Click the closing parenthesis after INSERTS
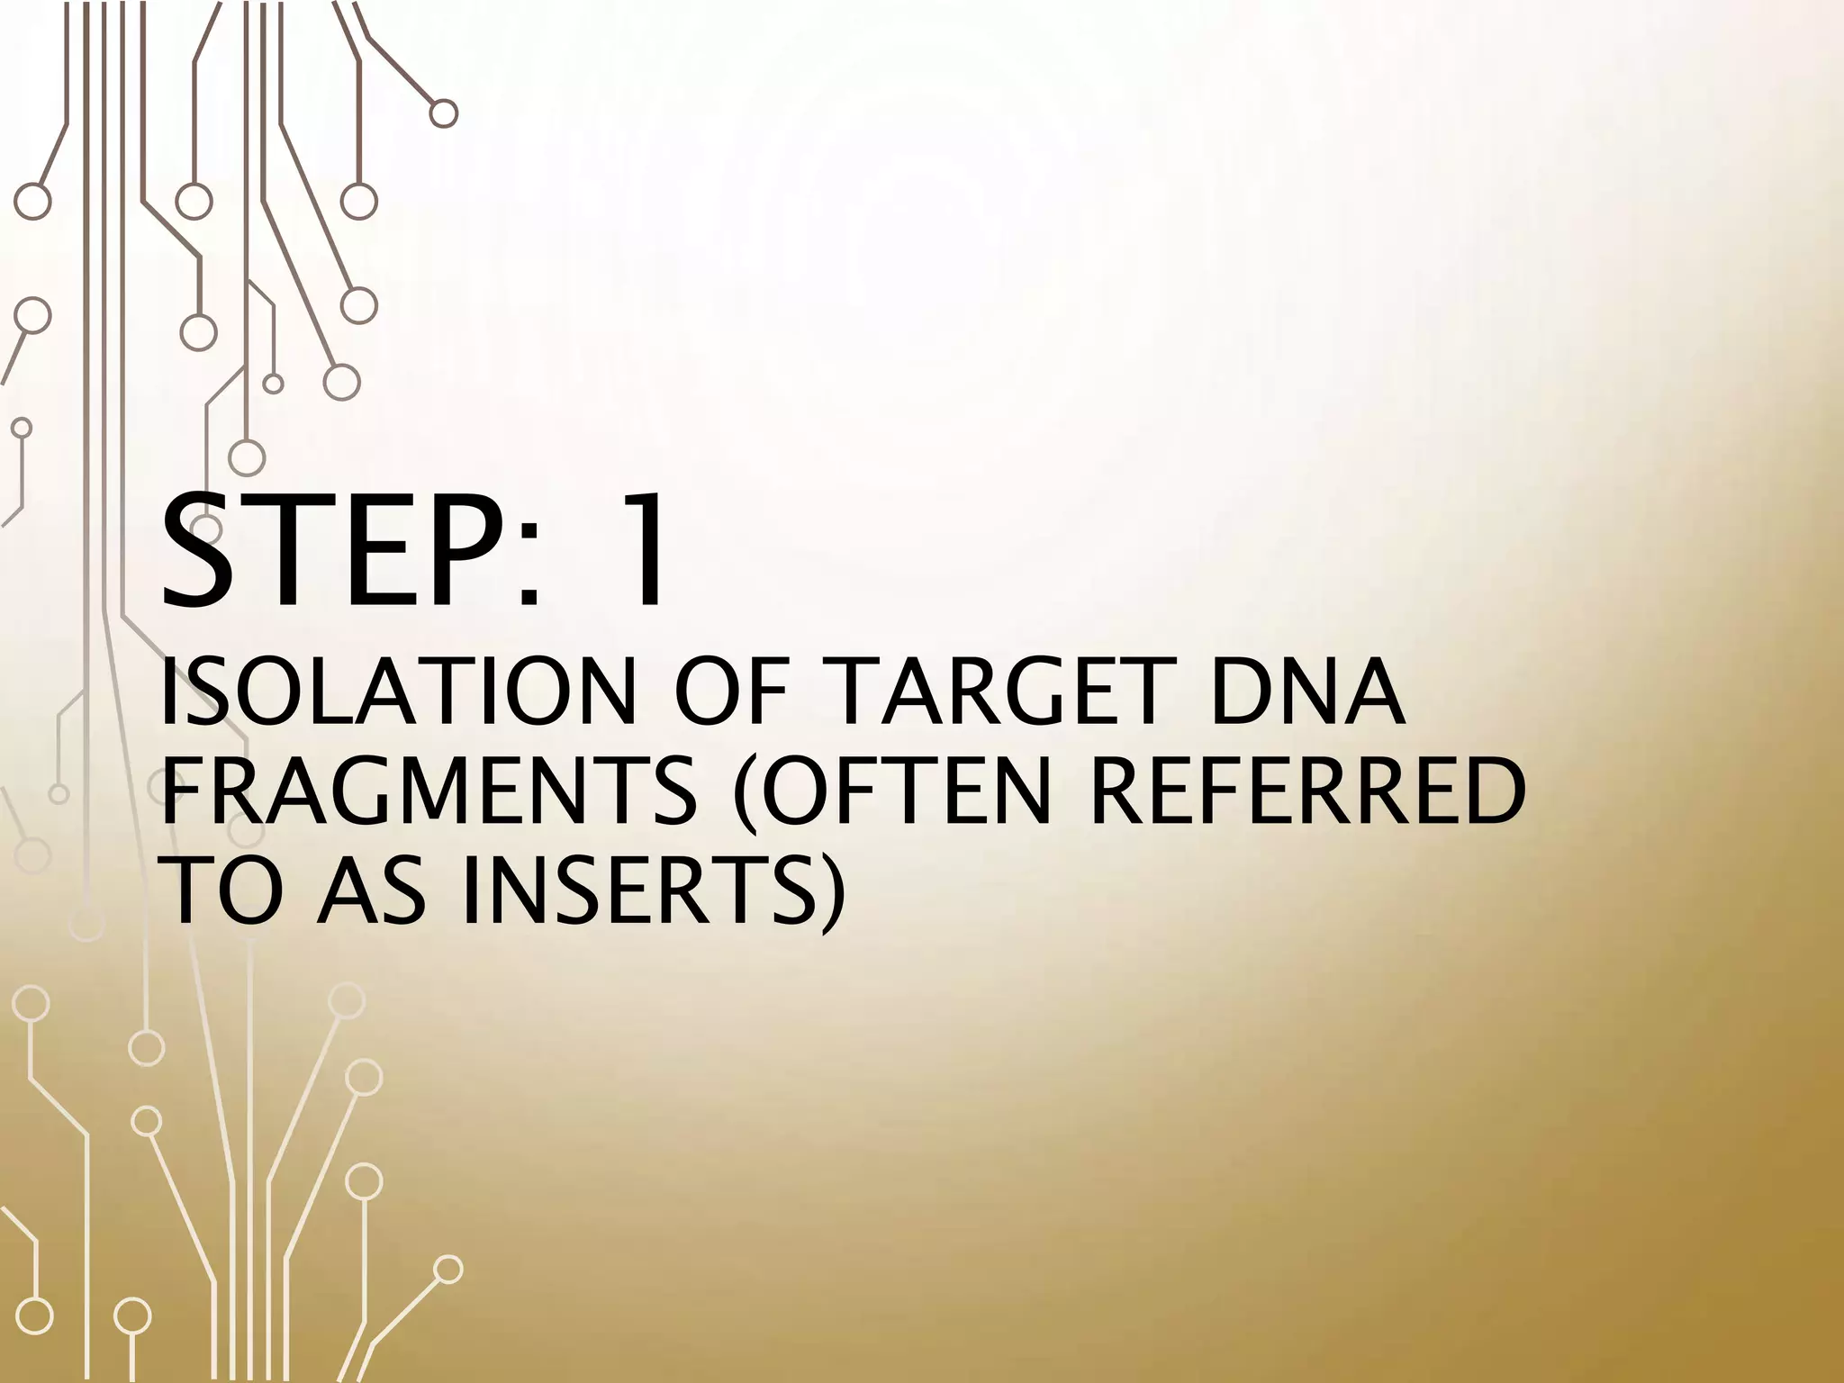click(833, 895)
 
